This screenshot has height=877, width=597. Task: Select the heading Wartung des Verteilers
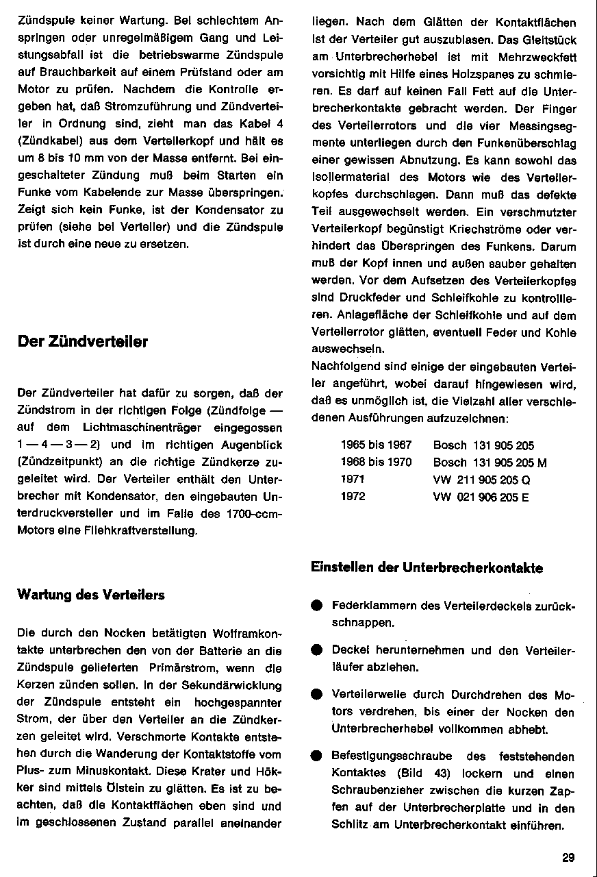(x=90, y=595)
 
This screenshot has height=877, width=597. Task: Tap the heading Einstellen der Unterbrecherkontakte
(x=427, y=567)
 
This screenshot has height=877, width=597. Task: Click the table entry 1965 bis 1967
(x=376, y=445)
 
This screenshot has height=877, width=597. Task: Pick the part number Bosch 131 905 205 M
(x=490, y=462)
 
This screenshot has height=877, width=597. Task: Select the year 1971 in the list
(x=353, y=480)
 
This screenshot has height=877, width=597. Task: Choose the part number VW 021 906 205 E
(x=481, y=497)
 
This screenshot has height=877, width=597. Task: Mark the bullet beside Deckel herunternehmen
(x=316, y=650)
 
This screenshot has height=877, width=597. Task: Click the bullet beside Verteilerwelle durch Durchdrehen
(x=316, y=694)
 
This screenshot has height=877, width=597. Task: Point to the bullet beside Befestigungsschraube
(x=316, y=756)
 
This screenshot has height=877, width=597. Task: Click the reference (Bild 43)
(x=426, y=774)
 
